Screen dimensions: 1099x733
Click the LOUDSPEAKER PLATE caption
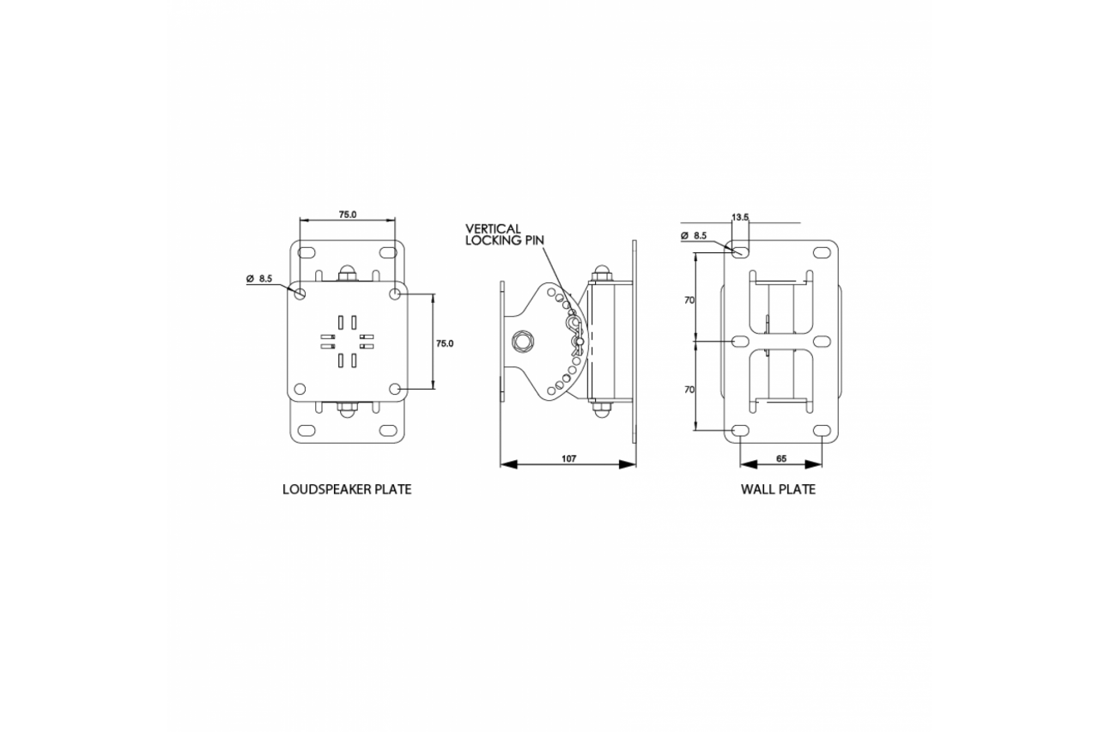347,489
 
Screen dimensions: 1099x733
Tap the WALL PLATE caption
778,489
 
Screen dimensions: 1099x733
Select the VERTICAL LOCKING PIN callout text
504,234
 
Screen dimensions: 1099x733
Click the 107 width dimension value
568,458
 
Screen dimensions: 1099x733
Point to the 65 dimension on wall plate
781,458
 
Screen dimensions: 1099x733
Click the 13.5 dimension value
740,217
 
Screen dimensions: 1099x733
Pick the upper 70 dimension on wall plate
689,300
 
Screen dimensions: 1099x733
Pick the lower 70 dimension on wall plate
689,390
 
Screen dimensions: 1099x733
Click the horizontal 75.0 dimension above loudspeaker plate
348,215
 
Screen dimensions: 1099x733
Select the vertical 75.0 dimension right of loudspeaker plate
445,343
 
